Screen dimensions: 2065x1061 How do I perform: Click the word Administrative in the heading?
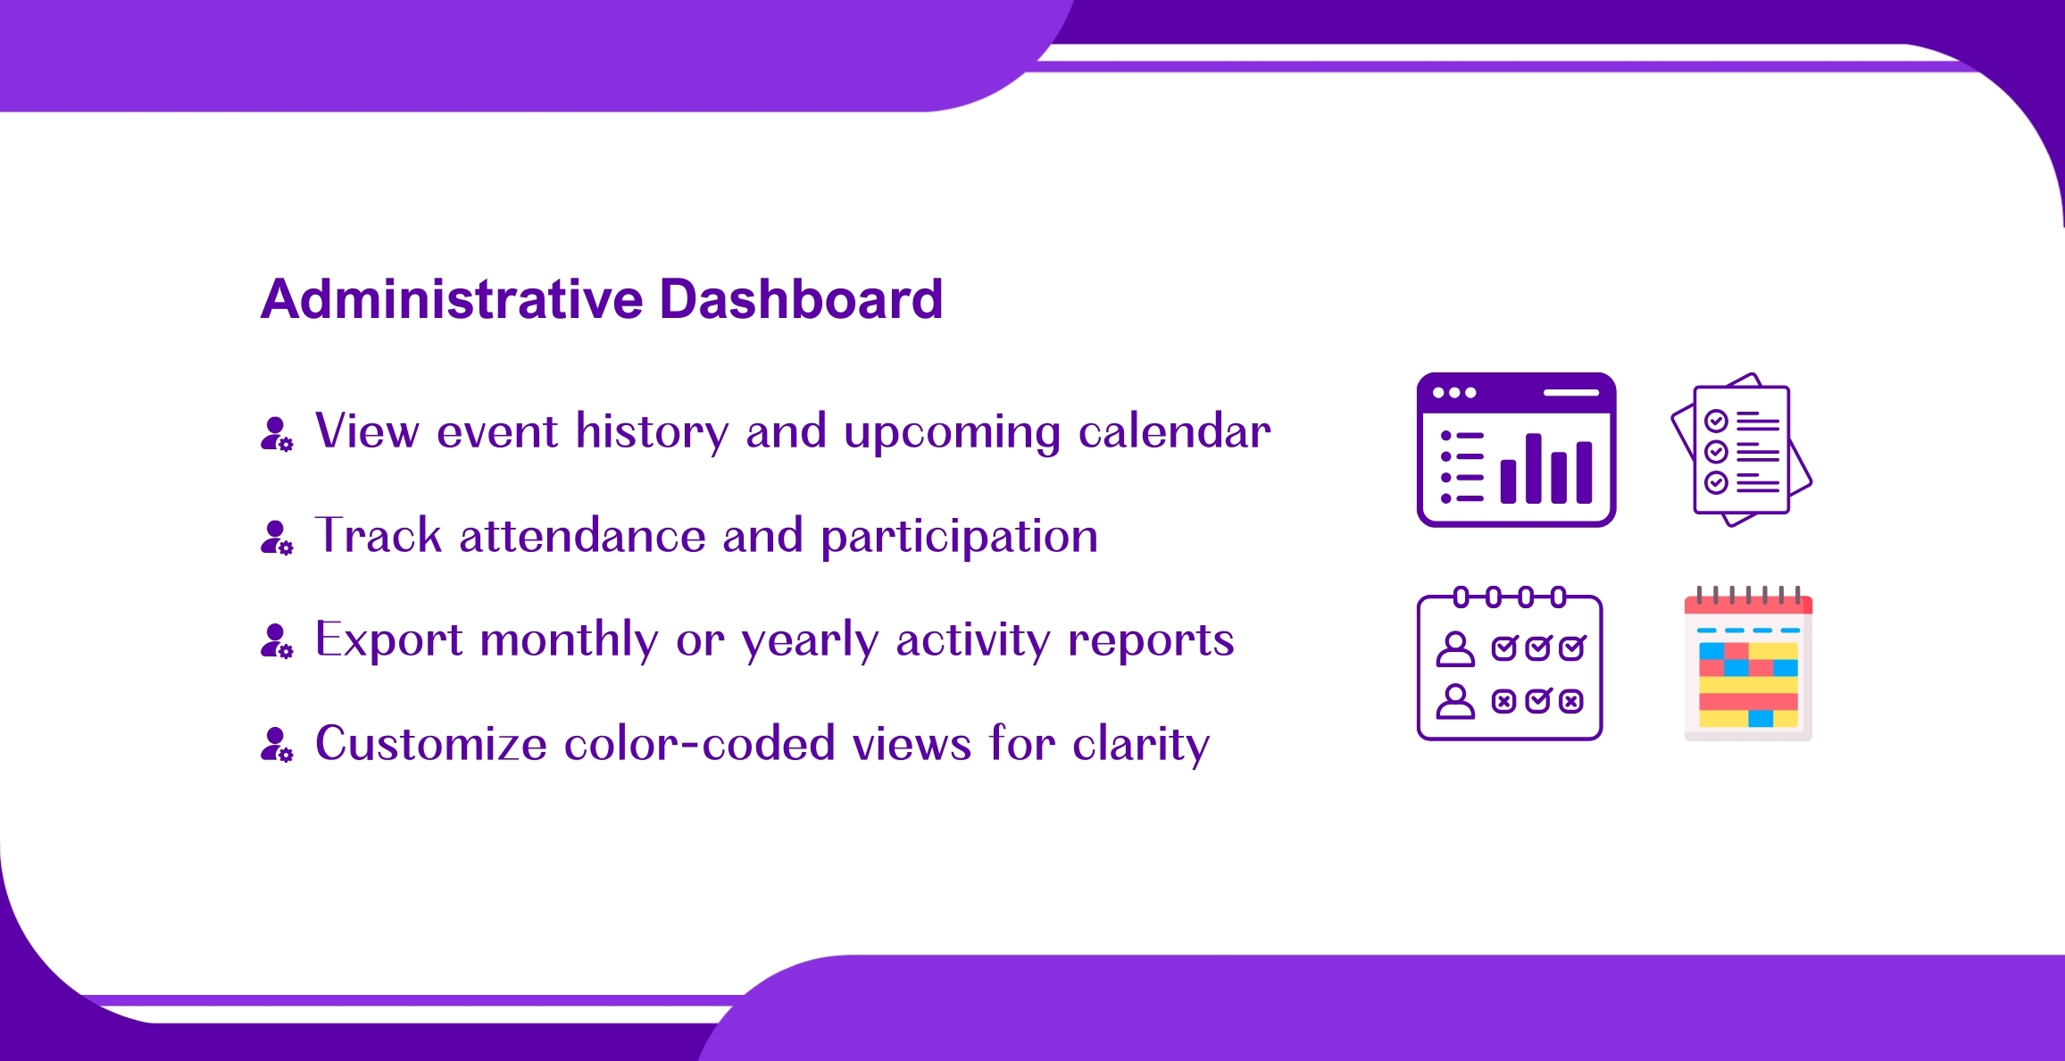tap(452, 298)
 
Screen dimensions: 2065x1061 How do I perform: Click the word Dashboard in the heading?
tap(801, 298)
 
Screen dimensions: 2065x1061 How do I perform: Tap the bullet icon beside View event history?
tap(277, 434)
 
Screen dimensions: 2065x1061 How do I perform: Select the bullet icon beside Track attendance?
tap(277, 538)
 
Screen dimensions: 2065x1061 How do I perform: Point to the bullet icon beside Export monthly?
tap(277, 641)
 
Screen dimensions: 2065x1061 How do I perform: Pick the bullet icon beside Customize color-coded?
tap(277, 745)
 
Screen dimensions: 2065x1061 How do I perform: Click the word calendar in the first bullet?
tap(1175, 431)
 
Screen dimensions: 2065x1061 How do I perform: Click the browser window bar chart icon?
tap(1517, 449)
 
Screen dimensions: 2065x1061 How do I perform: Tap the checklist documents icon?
tap(1741, 449)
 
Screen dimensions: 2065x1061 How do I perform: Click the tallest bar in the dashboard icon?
tap(1534, 468)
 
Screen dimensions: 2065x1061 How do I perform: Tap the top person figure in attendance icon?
tap(1455, 649)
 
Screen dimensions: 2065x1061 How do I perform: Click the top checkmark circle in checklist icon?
tap(1716, 421)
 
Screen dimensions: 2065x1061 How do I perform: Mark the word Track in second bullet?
tap(379, 536)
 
